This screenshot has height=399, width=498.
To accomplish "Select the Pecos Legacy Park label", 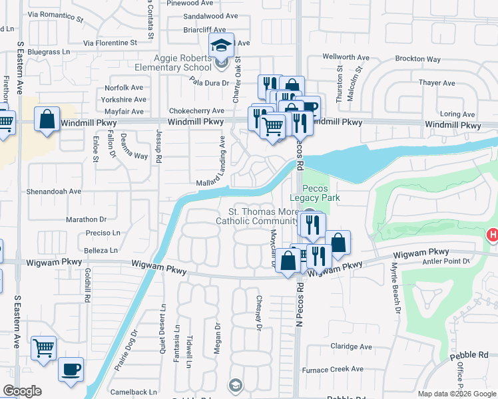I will (315, 193).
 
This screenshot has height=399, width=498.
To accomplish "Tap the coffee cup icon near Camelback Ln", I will (71, 369).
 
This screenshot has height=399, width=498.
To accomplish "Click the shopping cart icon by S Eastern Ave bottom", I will (43, 348).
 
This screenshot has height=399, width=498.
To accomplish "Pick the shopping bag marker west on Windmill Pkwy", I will (47, 120).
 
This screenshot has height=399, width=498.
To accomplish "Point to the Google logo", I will (22, 391).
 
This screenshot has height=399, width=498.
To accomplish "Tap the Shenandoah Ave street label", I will (53, 191).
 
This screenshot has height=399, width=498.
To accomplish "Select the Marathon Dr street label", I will (86, 219).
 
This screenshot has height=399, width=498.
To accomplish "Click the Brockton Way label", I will (417, 59).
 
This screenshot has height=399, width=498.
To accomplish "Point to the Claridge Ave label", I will (351, 346).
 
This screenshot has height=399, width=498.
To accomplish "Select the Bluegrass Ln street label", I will (48, 51).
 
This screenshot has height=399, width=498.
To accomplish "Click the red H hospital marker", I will (493, 235).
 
